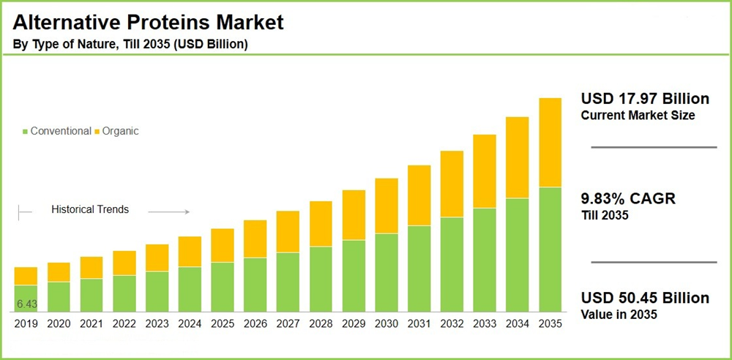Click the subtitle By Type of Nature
(x=130, y=45)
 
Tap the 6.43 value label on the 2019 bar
(x=26, y=304)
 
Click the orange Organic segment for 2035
(x=550, y=142)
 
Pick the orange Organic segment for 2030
(x=386, y=206)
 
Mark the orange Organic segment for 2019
(x=26, y=276)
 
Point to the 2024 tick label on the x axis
(x=190, y=323)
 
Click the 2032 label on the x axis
(x=452, y=323)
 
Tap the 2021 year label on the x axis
(x=91, y=323)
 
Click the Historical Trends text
(x=90, y=209)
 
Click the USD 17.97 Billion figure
(x=645, y=99)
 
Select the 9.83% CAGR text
(x=628, y=199)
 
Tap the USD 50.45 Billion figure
(x=645, y=299)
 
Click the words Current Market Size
(x=637, y=116)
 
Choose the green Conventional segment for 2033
(x=484, y=260)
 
